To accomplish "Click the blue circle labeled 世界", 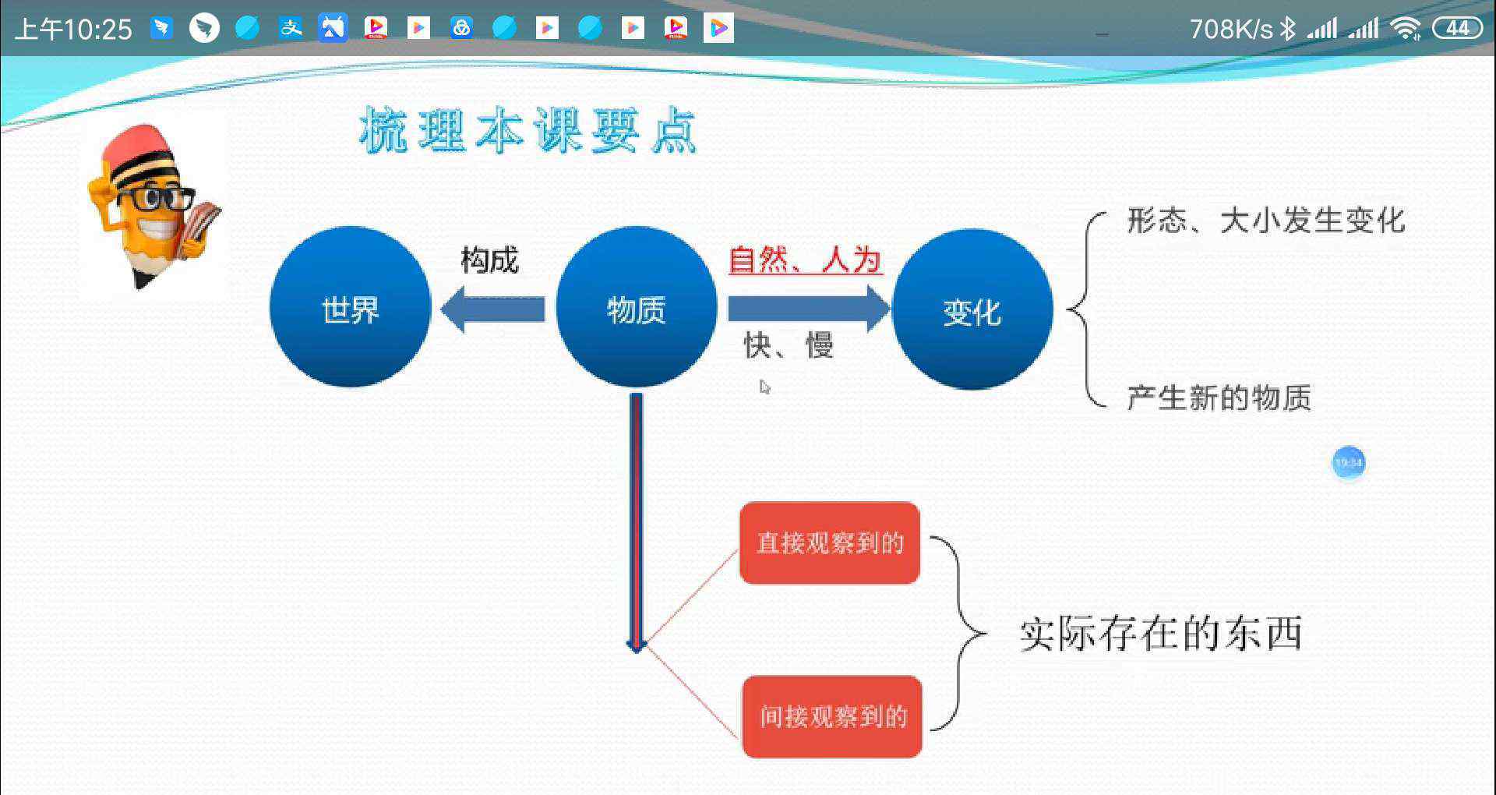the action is click(350, 307).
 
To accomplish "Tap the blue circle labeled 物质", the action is click(636, 307).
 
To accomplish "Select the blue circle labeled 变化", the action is click(972, 309).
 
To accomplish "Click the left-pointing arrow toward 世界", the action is click(492, 309).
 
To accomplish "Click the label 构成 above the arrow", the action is click(489, 260).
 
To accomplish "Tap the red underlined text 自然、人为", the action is click(805, 260).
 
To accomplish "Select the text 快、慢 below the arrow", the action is click(789, 344).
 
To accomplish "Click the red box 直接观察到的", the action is click(830, 542).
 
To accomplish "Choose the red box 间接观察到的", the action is click(832, 716).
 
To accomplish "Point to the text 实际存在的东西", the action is click(1161, 633).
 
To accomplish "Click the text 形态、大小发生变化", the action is click(1266, 221).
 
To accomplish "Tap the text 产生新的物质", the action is click(1219, 397).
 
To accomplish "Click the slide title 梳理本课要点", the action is click(527, 130).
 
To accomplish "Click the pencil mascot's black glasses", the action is click(156, 200).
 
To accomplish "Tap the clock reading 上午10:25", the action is click(74, 30).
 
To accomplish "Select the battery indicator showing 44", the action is click(1457, 29).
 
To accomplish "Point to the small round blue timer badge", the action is click(1349, 463).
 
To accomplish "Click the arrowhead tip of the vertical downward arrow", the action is click(636, 652).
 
